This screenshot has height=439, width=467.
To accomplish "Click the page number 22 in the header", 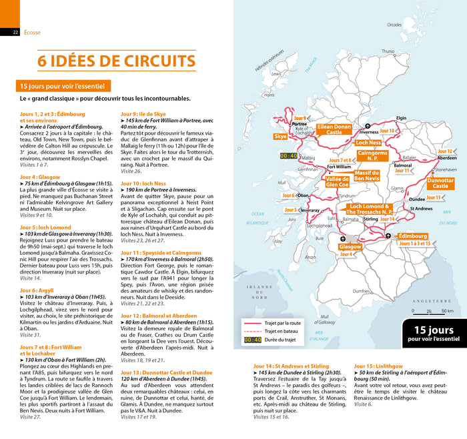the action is [x=15, y=32].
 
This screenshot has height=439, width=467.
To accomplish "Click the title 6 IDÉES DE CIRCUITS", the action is [x=116, y=61].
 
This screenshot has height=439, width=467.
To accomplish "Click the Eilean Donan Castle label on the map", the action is [x=334, y=129].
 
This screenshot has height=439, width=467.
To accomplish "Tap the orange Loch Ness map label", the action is [x=368, y=143].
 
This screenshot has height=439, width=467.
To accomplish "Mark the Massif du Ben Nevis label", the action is [x=366, y=175].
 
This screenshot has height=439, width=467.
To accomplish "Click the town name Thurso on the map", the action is [x=388, y=51].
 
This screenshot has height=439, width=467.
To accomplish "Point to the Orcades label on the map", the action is [x=395, y=24].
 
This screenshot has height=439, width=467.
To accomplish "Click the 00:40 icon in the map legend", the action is [x=252, y=340].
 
